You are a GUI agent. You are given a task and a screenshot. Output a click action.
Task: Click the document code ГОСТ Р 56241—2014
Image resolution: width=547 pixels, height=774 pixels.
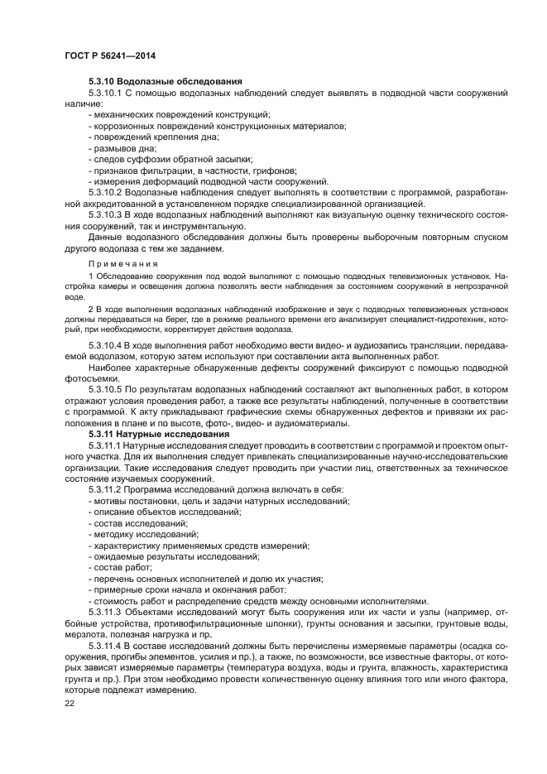[110, 55]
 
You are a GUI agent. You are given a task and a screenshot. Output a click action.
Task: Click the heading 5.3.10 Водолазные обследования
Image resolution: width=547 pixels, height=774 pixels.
[165, 82]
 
